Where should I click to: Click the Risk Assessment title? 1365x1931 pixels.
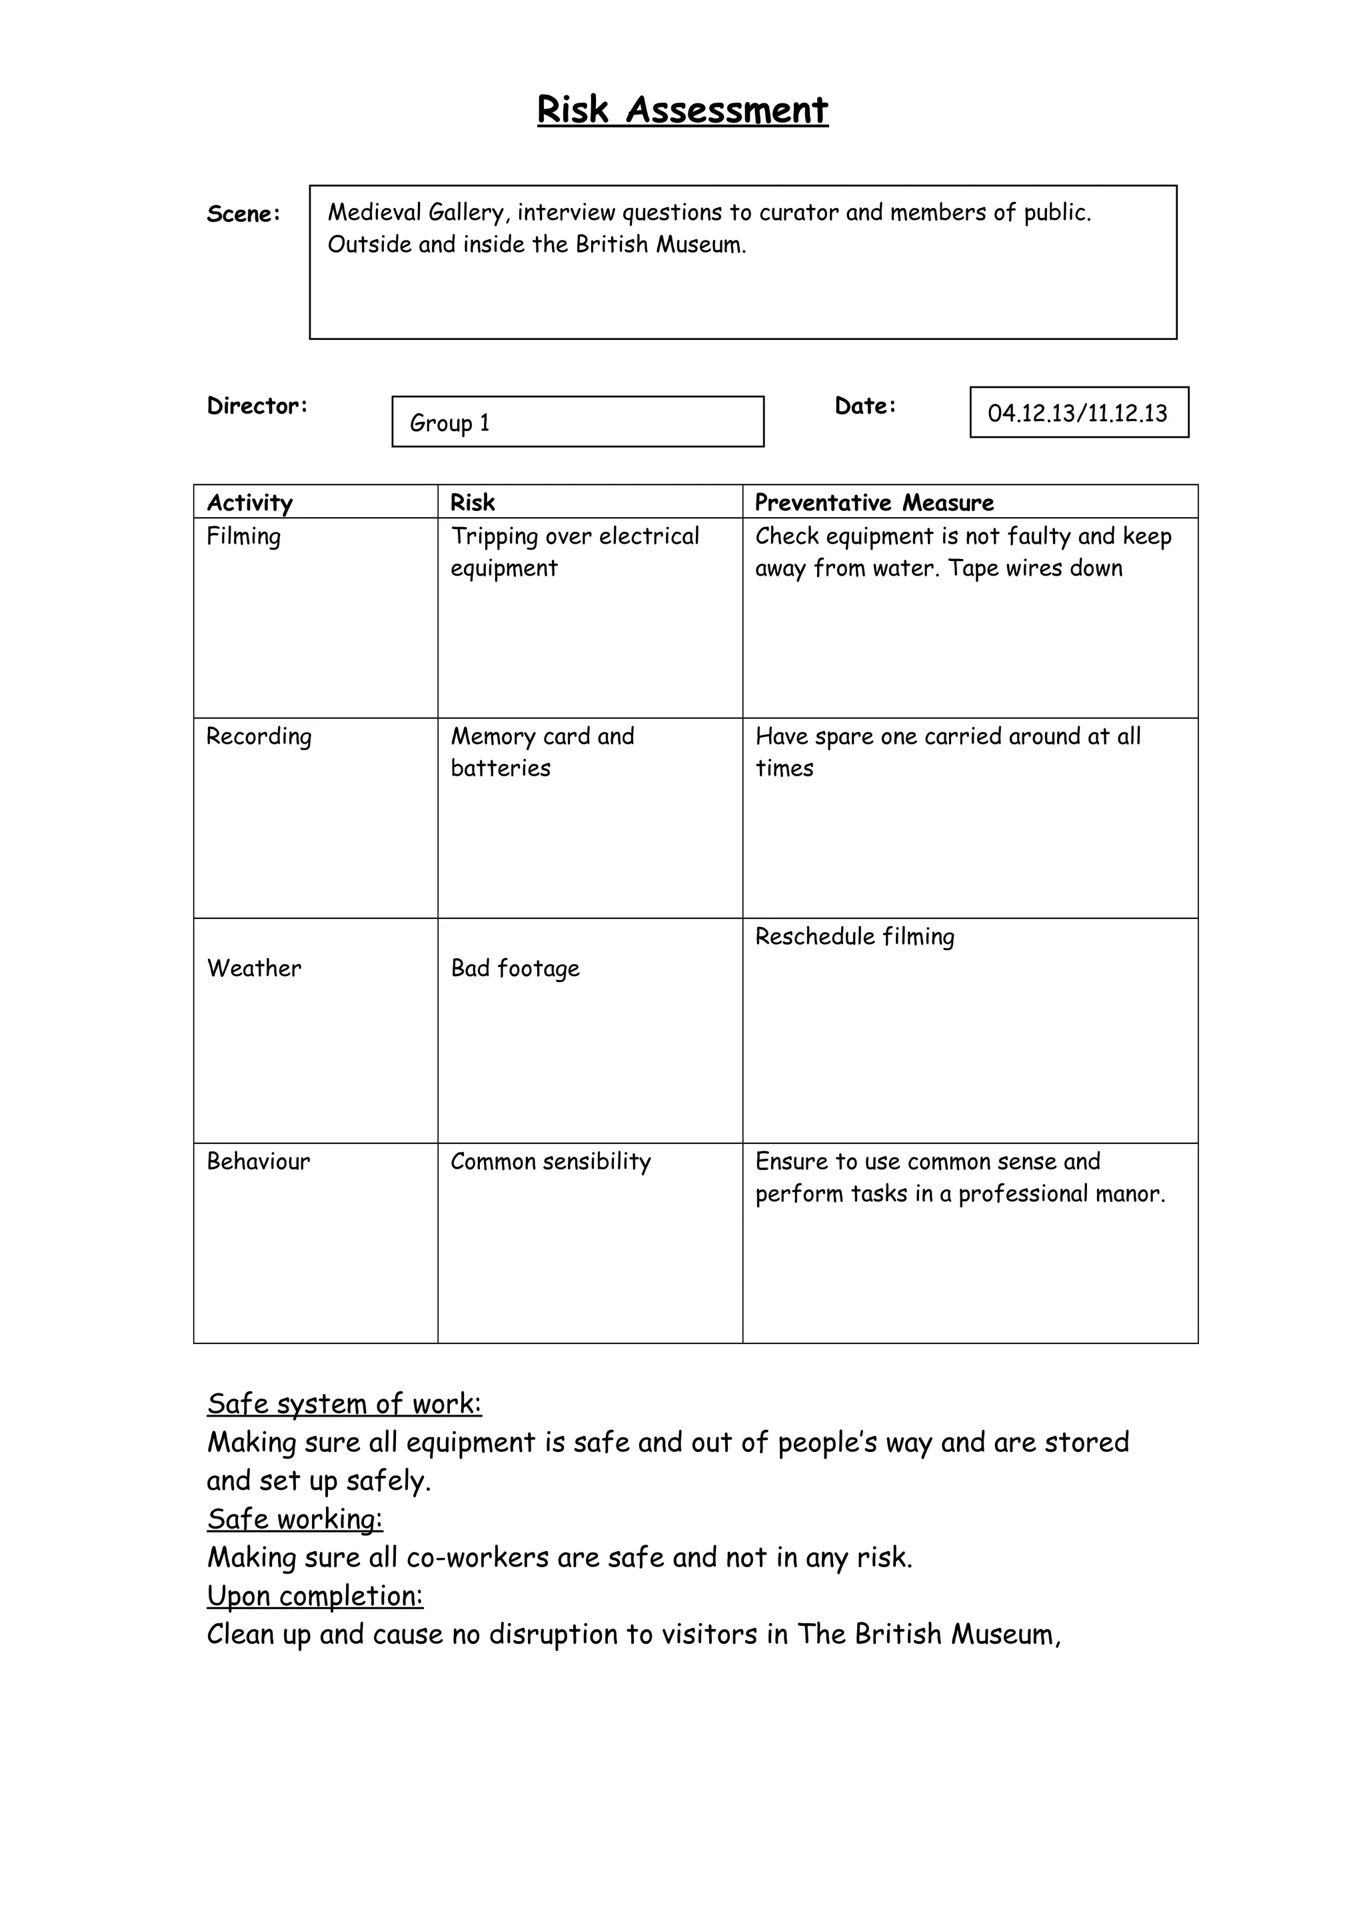(x=682, y=110)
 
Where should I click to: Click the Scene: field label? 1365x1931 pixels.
(x=243, y=215)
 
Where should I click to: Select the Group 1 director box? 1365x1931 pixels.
(x=577, y=421)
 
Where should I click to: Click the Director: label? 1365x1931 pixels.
(x=257, y=406)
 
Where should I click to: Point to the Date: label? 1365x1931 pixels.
(x=864, y=406)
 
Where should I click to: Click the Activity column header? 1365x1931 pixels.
(x=250, y=503)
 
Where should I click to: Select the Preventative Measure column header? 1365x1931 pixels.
(x=874, y=503)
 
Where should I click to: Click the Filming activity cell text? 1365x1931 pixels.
(x=244, y=536)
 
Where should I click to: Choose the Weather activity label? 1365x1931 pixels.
(x=254, y=969)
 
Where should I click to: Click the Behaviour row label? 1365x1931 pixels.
(x=258, y=1162)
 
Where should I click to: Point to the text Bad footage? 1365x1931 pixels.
(x=515, y=969)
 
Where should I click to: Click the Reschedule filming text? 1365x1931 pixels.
(x=854, y=937)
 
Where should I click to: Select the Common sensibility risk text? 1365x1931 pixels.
(x=550, y=1162)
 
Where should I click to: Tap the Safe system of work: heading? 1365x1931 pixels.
(x=344, y=1404)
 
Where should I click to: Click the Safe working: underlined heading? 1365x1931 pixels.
(x=295, y=1519)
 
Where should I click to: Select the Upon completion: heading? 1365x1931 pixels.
(x=315, y=1595)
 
